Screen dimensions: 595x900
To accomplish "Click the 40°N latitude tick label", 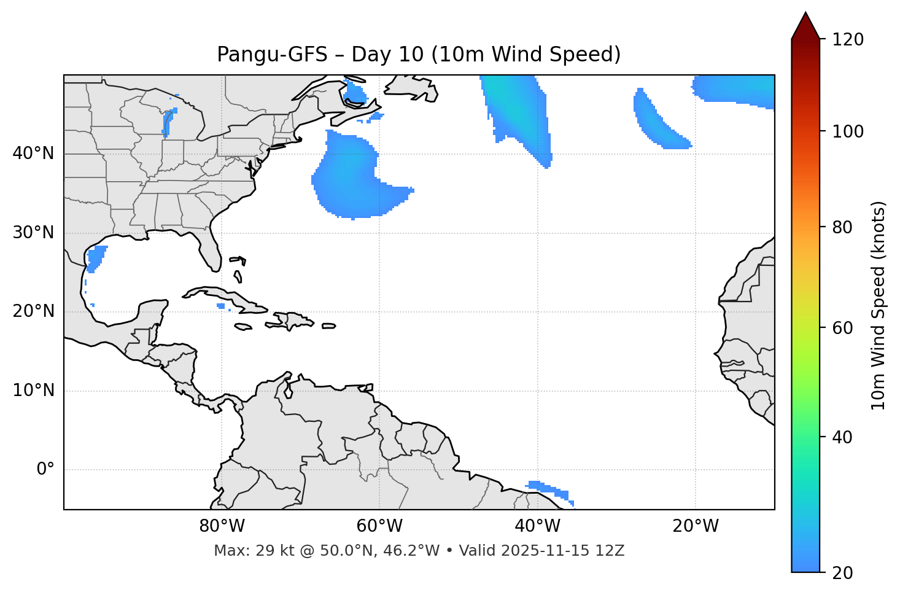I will coord(33,154).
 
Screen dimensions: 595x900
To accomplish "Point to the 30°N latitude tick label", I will coord(33,233).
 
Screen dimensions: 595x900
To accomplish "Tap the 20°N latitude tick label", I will coord(33,311).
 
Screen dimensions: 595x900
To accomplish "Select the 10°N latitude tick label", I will coord(33,391).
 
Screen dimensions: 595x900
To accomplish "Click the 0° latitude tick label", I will coord(45,470).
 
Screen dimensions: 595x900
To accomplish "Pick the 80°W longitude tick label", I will coord(222,526).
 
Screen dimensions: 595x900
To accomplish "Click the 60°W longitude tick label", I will coord(379,526).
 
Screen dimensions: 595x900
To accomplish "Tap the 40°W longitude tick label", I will coord(537,526).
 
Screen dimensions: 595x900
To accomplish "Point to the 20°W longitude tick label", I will coord(695,526).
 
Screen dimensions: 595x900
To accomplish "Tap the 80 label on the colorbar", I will coord(843,227).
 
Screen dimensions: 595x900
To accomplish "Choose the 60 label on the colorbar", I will coord(843,328).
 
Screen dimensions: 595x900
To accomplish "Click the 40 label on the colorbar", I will coord(843,437).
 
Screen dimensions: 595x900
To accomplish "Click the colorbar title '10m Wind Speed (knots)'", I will coord(879,305).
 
